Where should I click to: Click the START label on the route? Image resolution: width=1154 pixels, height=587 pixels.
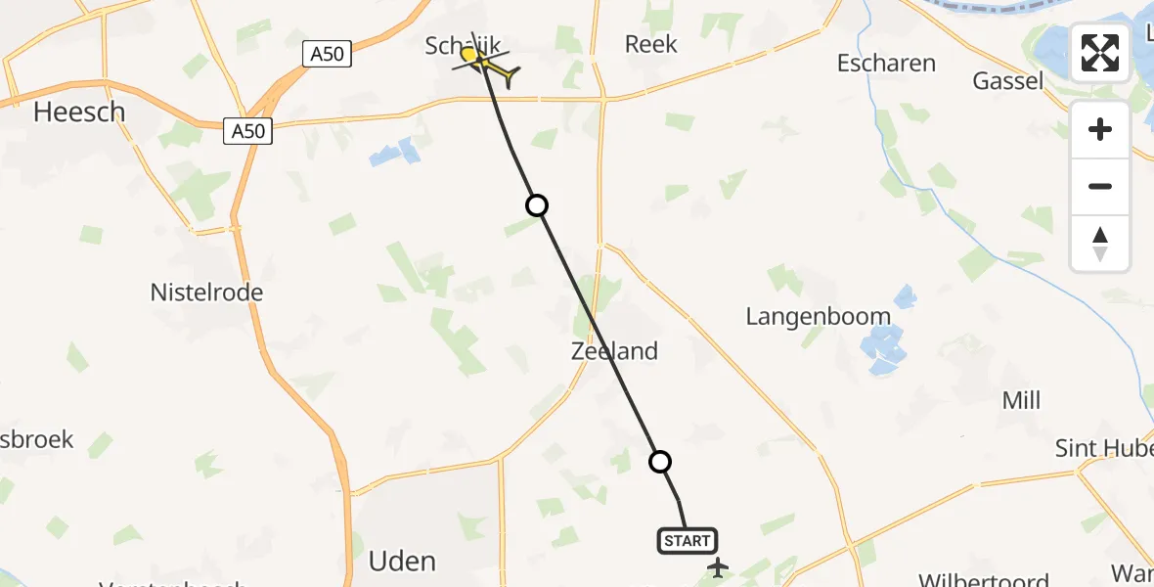[x=688, y=541]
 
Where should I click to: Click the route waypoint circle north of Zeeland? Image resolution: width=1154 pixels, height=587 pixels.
[x=536, y=205]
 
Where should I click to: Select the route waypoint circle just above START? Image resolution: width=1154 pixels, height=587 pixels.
[x=660, y=462]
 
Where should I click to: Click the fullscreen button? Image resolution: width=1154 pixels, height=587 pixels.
[x=1100, y=53]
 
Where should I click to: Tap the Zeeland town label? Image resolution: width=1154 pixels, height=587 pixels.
[x=614, y=351]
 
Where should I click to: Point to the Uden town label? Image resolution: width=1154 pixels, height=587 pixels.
[x=402, y=561]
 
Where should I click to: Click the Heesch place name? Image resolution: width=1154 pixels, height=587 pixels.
[x=79, y=113]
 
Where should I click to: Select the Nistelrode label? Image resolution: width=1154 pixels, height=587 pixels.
[x=206, y=292]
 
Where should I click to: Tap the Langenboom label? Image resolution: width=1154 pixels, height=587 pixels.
[x=818, y=316]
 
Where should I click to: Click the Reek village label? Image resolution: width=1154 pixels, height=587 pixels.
[x=651, y=44]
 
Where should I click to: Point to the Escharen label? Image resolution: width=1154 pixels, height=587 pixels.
[x=886, y=64]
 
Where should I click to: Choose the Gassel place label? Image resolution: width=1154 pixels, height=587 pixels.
[x=1007, y=81]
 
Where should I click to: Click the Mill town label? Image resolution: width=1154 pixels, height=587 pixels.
[x=1021, y=400]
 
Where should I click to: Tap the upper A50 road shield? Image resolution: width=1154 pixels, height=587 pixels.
[x=327, y=55]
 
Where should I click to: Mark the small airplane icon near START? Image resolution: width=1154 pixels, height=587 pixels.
[x=719, y=566]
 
